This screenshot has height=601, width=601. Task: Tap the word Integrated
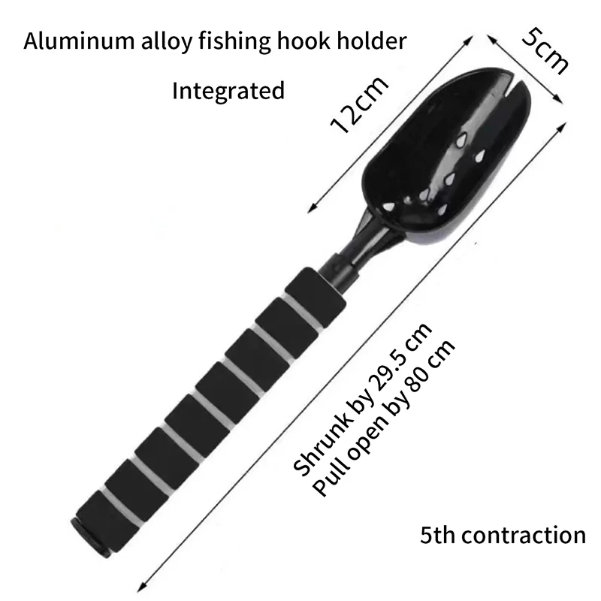pyautogui.click(x=228, y=91)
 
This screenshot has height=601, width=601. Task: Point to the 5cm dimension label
pyautogui.click(x=542, y=51)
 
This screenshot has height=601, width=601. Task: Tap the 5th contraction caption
pyautogui.click(x=503, y=535)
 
